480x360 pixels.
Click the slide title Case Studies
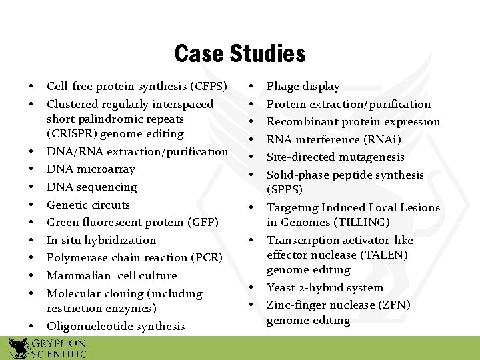(240, 53)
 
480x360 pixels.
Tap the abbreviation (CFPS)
(209, 87)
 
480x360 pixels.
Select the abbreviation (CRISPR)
(73, 134)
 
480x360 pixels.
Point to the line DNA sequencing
(92, 187)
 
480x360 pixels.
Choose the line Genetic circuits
(89, 205)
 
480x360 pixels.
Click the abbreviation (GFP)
(203, 223)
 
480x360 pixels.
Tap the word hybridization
(123, 240)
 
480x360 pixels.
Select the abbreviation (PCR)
(207, 258)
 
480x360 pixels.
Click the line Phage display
(303, 87)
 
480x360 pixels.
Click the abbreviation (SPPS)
(285, 190)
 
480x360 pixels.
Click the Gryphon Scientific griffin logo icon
(19, 347)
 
